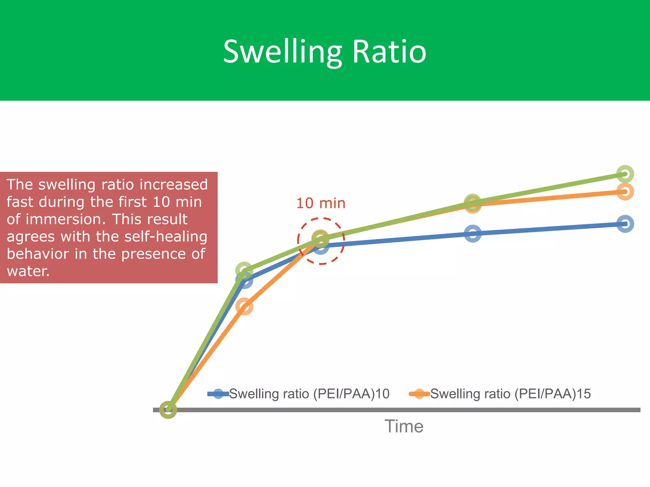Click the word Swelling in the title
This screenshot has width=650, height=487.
(x=282, y=52)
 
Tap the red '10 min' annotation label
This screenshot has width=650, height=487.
(x=321, y=203)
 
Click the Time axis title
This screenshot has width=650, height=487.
(x=404, y=426)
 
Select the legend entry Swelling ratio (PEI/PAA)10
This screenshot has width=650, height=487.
(x=309, y=394)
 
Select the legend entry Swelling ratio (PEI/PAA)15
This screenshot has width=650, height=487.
(x=510, y=394)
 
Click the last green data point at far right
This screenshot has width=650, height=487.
(x=625, y=174)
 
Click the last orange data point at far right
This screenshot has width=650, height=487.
(x=625, y=192)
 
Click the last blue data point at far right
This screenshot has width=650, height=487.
(x=625, y=224)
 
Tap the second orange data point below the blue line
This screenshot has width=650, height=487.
(x=244, y=306)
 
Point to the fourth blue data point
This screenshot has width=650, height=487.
(x=473, y=234)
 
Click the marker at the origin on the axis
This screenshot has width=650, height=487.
(x=168, y=410)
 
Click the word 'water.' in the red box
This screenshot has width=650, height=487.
(x=28, y=271)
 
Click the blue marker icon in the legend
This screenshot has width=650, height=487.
(x=218, y=394)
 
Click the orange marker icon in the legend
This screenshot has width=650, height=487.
(x=419, y=394)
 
